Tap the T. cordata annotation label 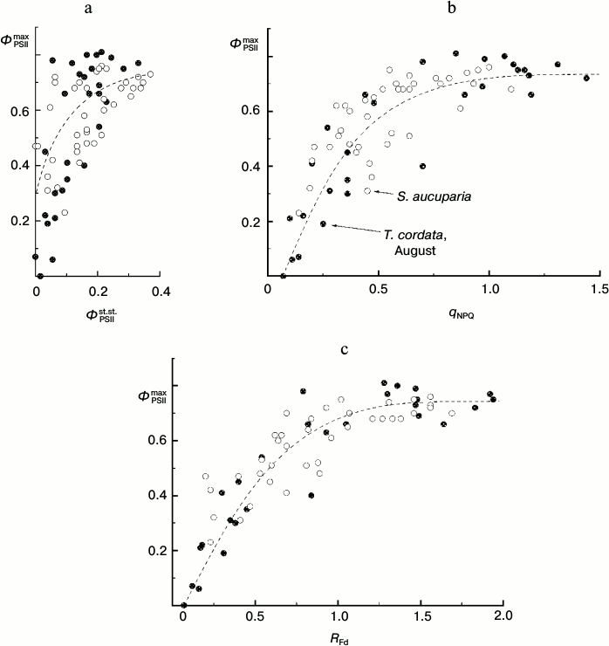point(415,233)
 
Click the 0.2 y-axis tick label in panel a point(18,221)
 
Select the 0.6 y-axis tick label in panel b point(249,110)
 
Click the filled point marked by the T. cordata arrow point(323,223)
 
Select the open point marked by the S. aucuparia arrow point(367,190)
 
